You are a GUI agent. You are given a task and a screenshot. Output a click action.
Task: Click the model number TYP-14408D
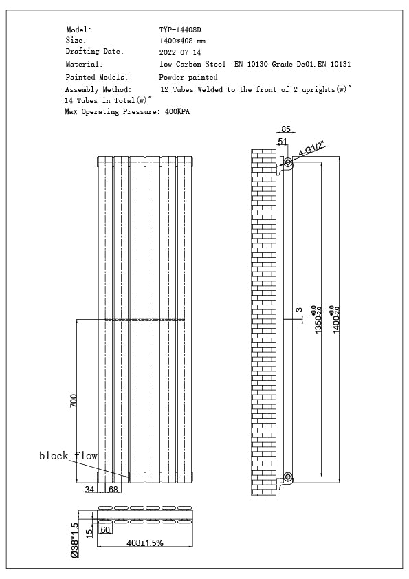pyautogui.click(x=180, y=30)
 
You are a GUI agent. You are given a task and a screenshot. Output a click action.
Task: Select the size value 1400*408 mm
pyautogui.click(x=181, y=41)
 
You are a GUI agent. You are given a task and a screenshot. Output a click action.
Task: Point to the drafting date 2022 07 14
pyautogui.click(x=179, y=52)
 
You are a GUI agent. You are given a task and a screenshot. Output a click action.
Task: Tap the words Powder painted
pyautogui.click(x=188, y=78)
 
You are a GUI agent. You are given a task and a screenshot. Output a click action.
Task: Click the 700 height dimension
pyautogui.click(x=74, y=400)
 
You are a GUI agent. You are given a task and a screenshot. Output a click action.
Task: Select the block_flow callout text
pyautogui.click(x=68, y=456)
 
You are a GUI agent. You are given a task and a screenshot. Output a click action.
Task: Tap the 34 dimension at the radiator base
pyautogui.click(x=89, y=490)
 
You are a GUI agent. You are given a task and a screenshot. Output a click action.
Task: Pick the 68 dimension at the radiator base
pyautogui.click(x=113, y=490)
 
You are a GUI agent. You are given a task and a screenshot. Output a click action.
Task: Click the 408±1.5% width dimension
pyautogui.click(x=144, y=543)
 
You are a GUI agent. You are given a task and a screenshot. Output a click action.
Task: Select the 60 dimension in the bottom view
pyautogui.click(x=105, y=530)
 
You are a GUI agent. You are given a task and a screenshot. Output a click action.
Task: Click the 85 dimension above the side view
pyautogui.click(x=286, y=129)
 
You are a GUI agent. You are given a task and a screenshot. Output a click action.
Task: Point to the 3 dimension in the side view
pyautogui.click(x=299, y=311)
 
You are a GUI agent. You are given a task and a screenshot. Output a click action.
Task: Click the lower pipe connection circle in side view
pyautogui.click(x=288, y=476)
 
